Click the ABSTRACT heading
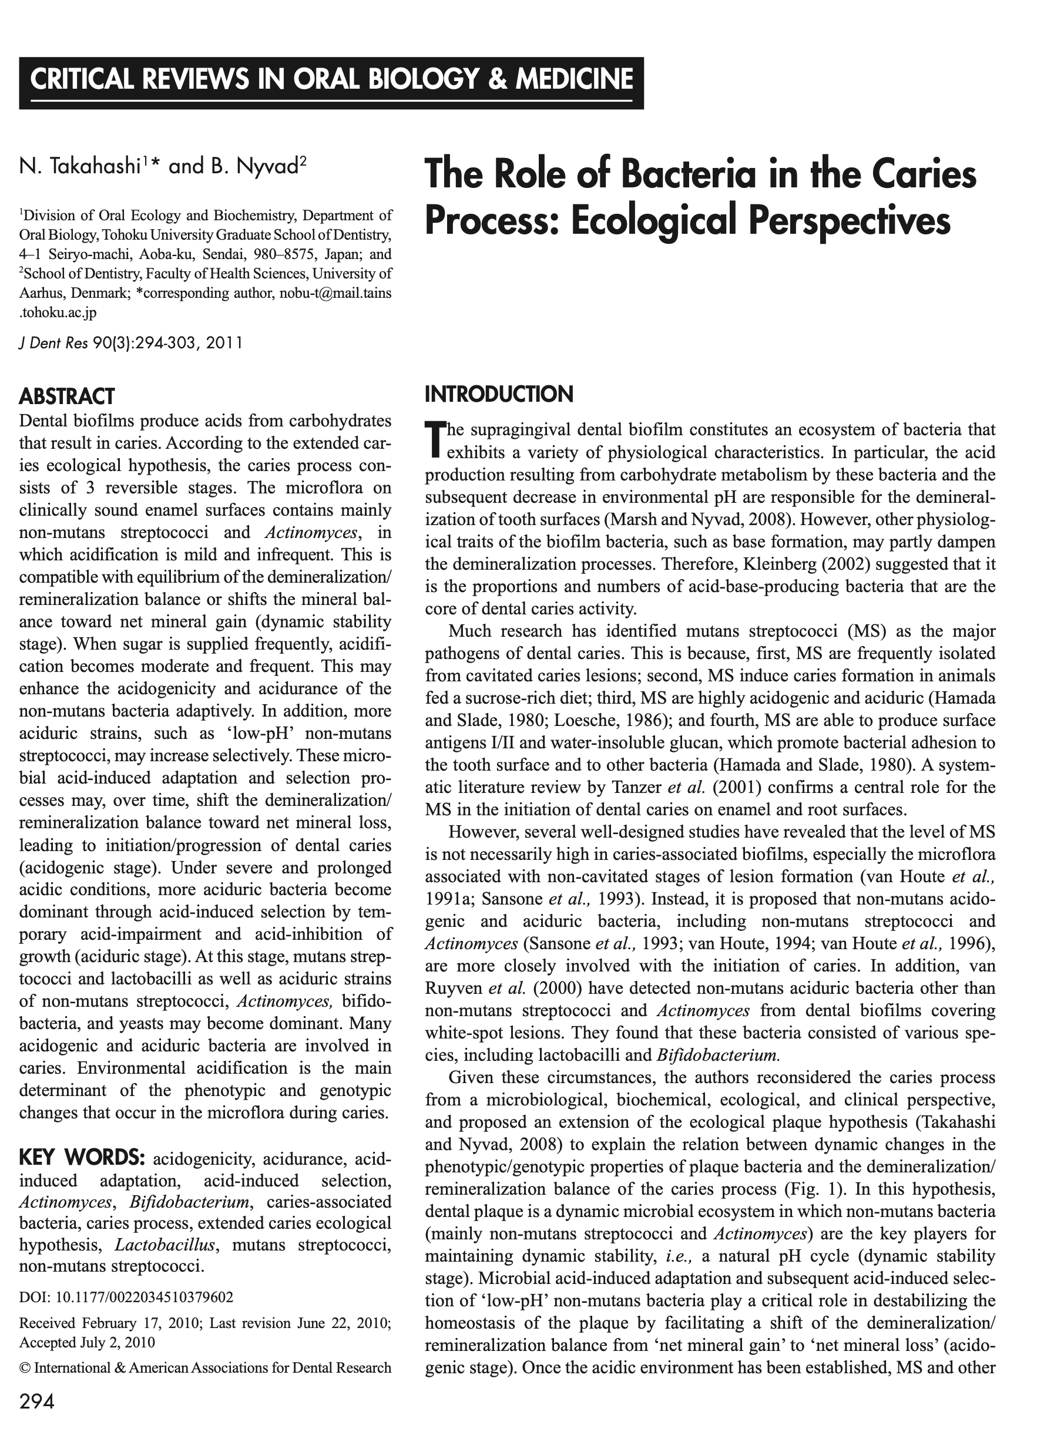(66, 396)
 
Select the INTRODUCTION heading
(499, 394)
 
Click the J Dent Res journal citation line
(131, 343)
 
